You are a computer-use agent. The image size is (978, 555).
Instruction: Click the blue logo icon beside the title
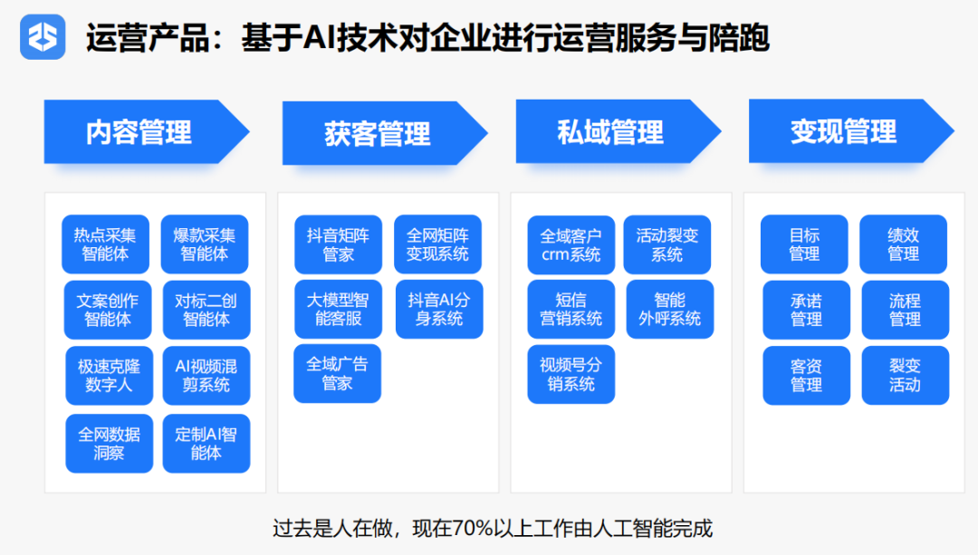click(x=43, y=37)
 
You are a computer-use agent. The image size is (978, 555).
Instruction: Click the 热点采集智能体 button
click(x=105, y=244)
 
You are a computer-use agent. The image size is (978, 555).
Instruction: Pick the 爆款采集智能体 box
click(x=205, y=244)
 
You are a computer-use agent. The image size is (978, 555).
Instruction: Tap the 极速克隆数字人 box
click(x=110, y=376)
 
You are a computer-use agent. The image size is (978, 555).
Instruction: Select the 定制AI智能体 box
click(x=206, y=444)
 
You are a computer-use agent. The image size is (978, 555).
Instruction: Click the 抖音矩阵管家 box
click(x=338, y=244)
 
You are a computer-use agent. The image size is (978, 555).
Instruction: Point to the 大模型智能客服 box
click(x=338, y=310)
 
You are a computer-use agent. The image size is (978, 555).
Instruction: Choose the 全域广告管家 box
click(x=338, y=374)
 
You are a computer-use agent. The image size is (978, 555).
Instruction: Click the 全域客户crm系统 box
click(x=571, y=245)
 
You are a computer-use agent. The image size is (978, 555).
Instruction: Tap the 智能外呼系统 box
click(x=670, y=310)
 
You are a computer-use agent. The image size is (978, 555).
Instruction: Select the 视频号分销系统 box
click(x=571, y=374)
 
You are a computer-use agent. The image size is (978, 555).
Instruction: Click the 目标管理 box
click(x=805, y=244)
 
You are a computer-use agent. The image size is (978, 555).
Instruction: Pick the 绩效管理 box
click(x=903, y=244)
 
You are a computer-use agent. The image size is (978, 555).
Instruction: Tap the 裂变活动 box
click(x=906, y=376)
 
